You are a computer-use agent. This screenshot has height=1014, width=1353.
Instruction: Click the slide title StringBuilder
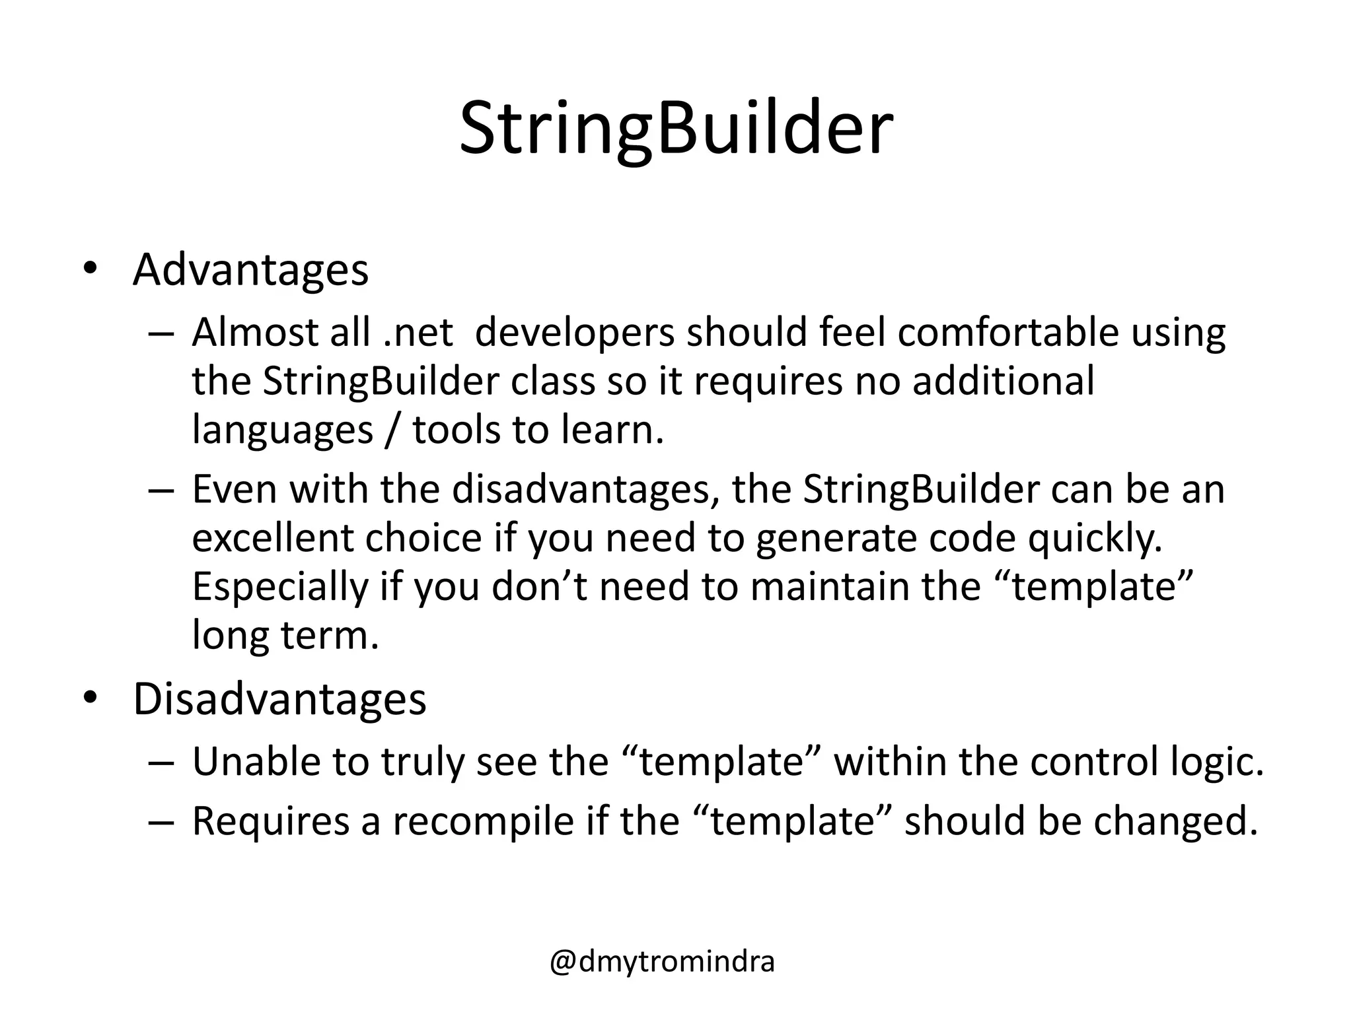(x=676, y=129)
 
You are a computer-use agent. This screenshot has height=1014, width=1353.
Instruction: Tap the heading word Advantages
(x=250, y=271)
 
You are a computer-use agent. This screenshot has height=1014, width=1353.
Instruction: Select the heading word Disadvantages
(x=279, y=699)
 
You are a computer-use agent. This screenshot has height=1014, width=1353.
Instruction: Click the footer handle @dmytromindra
(x=662, y=961)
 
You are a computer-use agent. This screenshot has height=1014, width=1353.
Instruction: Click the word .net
(x=418, y=332)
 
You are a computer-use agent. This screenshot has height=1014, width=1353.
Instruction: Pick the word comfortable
(x=1007, y=332)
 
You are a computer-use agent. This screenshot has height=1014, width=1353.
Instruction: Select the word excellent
(x=271, y=538)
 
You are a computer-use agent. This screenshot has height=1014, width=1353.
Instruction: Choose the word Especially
(x=279, y=588)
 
